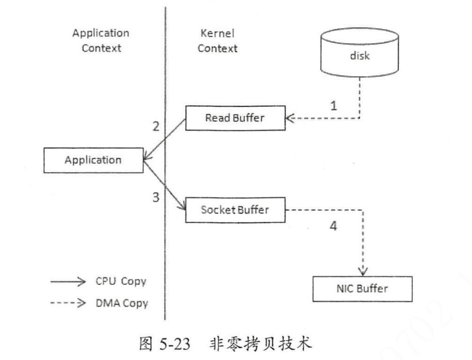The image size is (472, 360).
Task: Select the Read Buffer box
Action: tap(234, 118)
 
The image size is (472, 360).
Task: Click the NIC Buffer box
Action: tap(363, 288)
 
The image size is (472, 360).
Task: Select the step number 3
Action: tap(156, 197)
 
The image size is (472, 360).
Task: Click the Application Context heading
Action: tap(101, 40)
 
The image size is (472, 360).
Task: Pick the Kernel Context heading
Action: tap(217, 40)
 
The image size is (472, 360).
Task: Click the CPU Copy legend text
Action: tap(124, 282)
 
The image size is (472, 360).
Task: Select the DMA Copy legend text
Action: tap(124, 303)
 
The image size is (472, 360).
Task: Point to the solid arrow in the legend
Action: tap(68, 282)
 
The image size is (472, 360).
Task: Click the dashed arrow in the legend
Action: tap(68, 303)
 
